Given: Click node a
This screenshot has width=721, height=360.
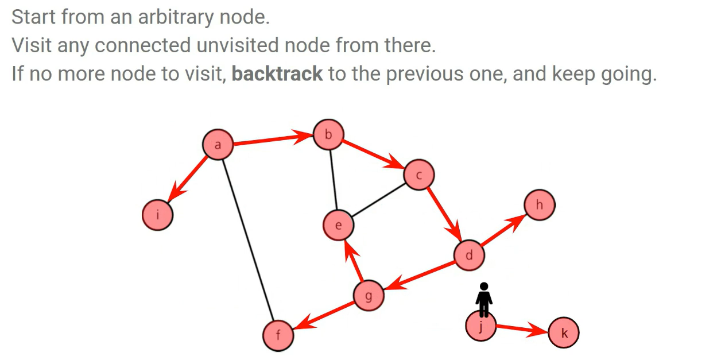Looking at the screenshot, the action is point(218,145).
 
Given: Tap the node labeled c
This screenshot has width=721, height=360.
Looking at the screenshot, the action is point(418,176).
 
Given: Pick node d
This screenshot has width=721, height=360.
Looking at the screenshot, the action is point(469,255).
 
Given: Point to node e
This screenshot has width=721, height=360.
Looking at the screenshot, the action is point(338,225).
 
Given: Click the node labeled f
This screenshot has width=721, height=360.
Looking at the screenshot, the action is point(278,335).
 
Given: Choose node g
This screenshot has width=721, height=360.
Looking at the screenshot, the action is point(369,296).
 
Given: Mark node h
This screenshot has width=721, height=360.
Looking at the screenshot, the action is point(539,205).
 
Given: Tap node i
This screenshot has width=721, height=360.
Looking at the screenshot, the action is point(157,215).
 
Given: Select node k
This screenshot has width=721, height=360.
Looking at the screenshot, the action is point(564,334).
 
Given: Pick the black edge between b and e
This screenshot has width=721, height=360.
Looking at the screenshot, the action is point(332,180).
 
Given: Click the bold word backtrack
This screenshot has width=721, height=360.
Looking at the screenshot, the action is point(277,74).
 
